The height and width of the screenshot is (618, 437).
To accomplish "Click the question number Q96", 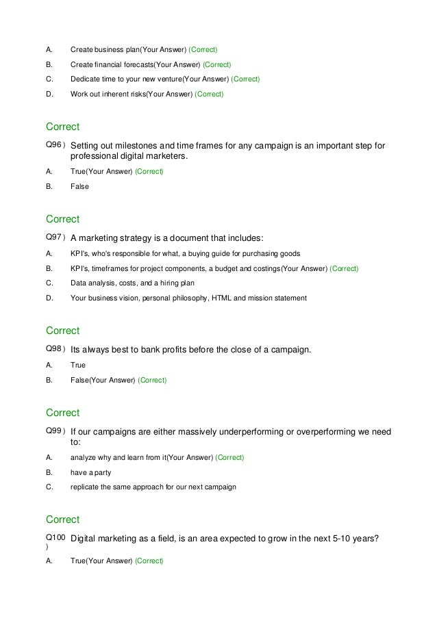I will click(55, 144).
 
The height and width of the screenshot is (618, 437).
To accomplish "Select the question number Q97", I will click(55, 237).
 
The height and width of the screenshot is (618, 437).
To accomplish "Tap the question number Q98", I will click(55, 349).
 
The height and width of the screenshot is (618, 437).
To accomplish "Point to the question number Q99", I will click(55, 431).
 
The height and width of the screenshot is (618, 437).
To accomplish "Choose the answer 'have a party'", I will click(90, 472).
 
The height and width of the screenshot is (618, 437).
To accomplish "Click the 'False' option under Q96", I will click(80, 186).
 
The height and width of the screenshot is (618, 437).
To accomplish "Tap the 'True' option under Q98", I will click(79, 365).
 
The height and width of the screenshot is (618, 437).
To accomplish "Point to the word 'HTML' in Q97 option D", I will click(223, 298).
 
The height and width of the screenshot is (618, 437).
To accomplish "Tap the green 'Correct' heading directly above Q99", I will click(62, 413).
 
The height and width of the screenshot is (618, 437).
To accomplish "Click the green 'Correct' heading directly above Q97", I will click(62, 219).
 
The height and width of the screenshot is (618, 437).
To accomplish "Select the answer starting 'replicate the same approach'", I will click(153, 487).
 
